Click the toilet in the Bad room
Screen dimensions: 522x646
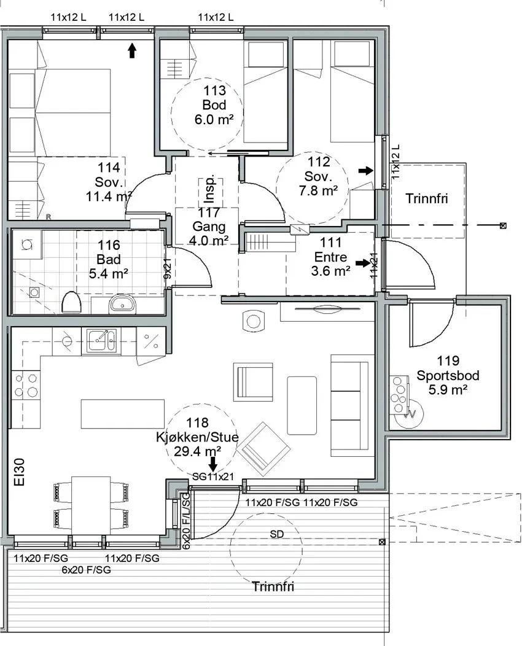pyautogui.click(x=71, y=303)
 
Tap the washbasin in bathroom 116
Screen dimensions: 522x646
pyautogui.click(x=122, y=305)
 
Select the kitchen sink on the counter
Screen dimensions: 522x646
pyautogui.click(x=101, y=341)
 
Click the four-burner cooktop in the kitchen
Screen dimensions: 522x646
pyautogui.click(x=26, y=385)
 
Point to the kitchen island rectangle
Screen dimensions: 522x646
pyautogui.click(x=123, y=414)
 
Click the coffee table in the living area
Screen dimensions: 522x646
pyautogui.click(x=302, y=405)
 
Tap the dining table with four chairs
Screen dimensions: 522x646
pyautogui.click(x=91, y=505)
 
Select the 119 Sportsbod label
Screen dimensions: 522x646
pyautogui.click(x=448, y=368)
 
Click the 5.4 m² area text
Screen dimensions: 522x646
pyautogui.click(x=108, y=273)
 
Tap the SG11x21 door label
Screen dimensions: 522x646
pyautogui.click(x=213, y=477)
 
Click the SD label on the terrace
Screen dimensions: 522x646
pyautogui.click(x=277, y=534)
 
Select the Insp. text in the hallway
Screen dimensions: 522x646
pyautogui.click(x=209, y=189)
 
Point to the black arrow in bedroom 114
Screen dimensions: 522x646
pyautogui.click(x=132, y=50)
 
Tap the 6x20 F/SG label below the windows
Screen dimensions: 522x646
pyautogui.click(x=87, y=570)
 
